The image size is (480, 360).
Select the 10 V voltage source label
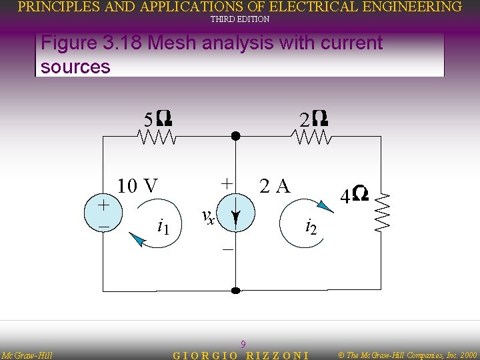pos(138,185)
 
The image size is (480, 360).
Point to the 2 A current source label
pos(275,185)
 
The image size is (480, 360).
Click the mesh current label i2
pos(311,227)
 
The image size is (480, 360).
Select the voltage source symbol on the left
pos(104,215)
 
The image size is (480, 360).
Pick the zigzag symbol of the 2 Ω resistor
pos(311,137)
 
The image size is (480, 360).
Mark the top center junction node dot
pos(235,136)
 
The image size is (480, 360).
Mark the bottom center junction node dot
pos(235,291)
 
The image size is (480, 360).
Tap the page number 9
pos(243,344)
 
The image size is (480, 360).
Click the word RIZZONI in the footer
pos(277,355)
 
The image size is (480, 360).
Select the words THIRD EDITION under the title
pos(240,19)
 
